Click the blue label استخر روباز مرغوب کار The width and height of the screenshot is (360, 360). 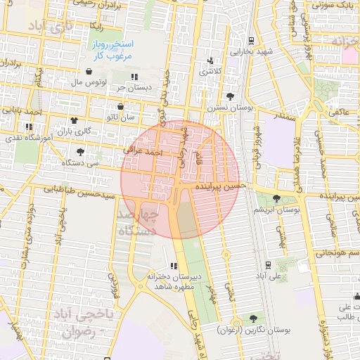pos(112,49)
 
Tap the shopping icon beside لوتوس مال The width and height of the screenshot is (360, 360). pos(89,72)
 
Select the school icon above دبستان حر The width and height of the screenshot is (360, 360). pos(134,77)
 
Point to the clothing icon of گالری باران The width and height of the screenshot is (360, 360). pos(73,120)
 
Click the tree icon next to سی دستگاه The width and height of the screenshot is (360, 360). pos(81,151)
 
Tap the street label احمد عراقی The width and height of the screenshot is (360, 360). pos(143,150)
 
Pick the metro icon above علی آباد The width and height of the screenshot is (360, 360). pos(267,265)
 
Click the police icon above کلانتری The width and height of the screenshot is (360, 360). pos(210,60)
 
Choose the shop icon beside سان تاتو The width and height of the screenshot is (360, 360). pos(120,107)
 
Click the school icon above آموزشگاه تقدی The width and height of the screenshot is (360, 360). pos(28,127)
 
